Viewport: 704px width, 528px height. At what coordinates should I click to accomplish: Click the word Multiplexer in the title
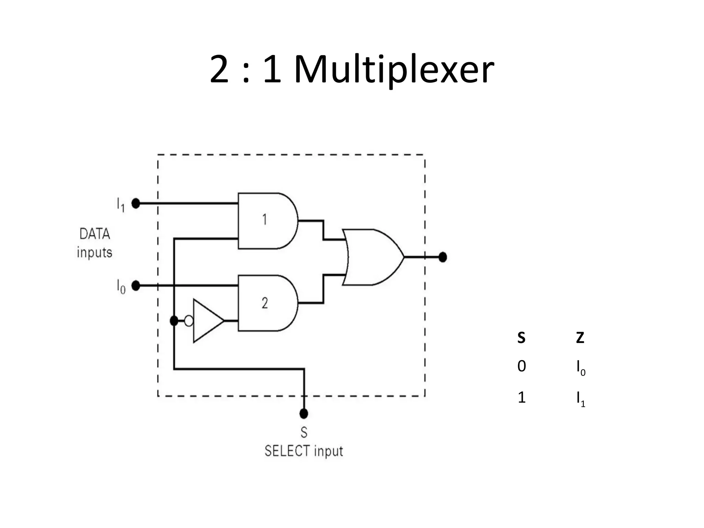(394, 70)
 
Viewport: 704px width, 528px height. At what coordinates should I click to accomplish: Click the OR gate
(373, 257)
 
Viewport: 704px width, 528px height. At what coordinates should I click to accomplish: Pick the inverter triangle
(206, 321)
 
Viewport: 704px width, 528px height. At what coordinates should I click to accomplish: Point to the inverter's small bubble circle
(189, 321)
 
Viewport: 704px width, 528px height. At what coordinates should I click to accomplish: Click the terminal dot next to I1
(136, 203)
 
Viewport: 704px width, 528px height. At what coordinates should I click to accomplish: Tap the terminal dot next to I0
(136, 286)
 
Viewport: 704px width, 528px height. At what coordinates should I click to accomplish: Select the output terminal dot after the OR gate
(443, 257)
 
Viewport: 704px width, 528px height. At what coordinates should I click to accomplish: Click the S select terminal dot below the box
(304, 414)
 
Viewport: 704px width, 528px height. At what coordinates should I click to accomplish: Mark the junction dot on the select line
(174, 321)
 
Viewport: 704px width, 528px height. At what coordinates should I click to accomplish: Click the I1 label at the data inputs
(120, 205)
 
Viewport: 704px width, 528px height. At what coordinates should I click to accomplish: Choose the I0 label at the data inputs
(121, 287)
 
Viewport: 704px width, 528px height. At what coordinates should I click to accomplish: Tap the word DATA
(95, 234)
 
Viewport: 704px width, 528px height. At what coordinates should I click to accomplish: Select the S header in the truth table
(521, 338)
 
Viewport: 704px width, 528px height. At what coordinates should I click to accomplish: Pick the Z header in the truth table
(580, 338)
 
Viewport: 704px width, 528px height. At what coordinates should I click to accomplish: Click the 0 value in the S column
(521, 366)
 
